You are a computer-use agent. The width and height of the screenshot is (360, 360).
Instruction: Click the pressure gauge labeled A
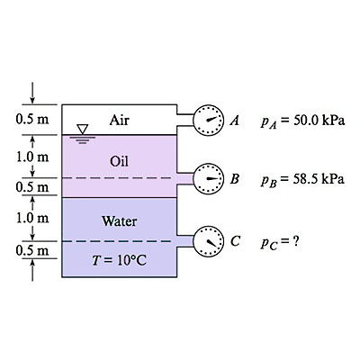point(209,121)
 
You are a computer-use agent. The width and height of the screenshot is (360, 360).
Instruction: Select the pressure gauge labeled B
point(209,179)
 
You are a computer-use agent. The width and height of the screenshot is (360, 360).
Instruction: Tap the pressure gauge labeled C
point(209,241)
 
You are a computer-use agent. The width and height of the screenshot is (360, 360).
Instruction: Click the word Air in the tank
point(120,121)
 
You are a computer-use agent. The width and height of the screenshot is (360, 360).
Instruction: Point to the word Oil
point(120,161)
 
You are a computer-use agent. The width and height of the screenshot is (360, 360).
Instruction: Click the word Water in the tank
point(120,221)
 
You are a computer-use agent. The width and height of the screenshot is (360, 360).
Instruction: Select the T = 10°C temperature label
point(120,260)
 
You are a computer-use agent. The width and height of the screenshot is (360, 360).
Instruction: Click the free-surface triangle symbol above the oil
point(82,129)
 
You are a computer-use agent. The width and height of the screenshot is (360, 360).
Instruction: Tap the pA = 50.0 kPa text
point(302,121)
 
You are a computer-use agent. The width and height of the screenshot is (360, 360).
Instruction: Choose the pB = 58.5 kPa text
point(302,179)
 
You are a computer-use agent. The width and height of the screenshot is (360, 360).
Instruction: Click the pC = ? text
point(280,242)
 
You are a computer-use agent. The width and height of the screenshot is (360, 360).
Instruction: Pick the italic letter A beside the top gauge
point(235,121)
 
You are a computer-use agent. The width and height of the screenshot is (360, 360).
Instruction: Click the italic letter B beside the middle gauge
point(235,179)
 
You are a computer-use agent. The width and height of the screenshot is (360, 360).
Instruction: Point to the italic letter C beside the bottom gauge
point(235,241)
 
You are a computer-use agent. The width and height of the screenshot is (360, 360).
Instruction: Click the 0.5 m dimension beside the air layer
point(32,120)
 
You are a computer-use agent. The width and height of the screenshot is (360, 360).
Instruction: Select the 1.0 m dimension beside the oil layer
point(32,157)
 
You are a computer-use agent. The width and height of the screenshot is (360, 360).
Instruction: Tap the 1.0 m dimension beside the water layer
point(32,218)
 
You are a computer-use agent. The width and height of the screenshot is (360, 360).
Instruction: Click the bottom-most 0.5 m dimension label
point(32,250)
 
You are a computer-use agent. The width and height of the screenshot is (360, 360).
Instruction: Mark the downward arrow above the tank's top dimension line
point(32,93)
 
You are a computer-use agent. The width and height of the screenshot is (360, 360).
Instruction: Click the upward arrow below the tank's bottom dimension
point(32,270)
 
